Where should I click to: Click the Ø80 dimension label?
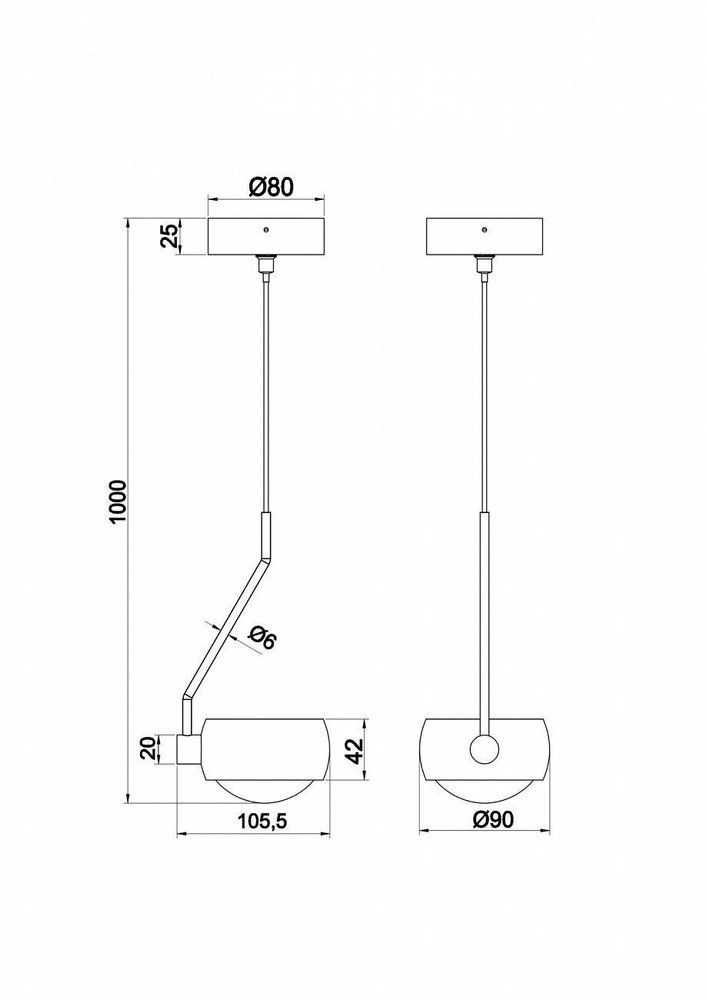[265, 187]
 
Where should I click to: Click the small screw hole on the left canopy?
[266, 230]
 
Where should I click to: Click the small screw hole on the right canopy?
[485, 230]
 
